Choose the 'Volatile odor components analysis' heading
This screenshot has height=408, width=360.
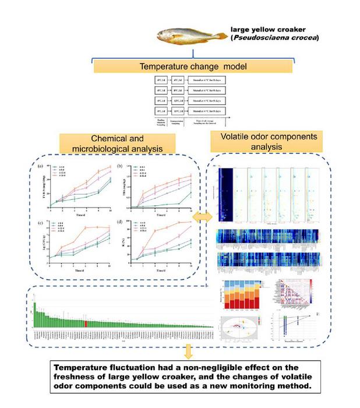click(x=269, y=142)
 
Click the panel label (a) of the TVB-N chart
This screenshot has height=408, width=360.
click(x=40, y=166)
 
